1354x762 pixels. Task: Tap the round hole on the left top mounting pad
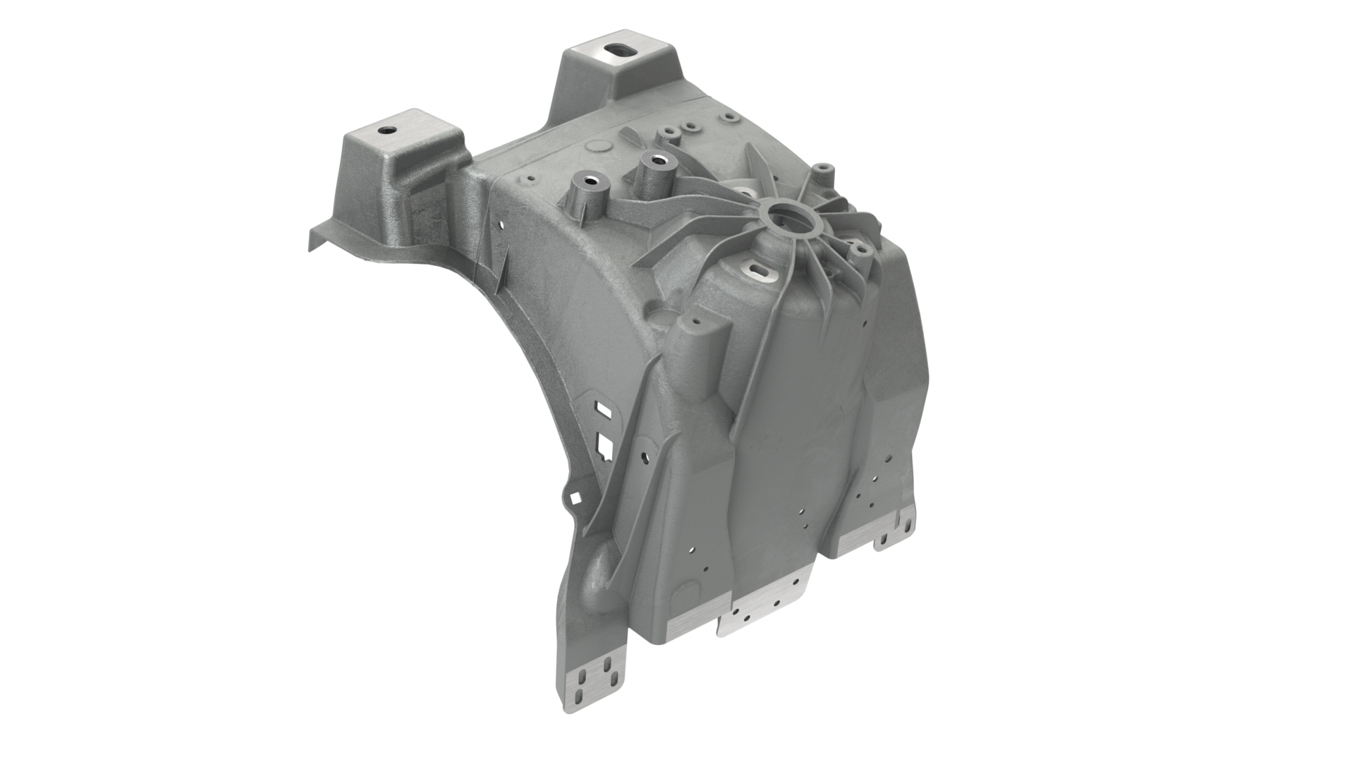pos(386,131)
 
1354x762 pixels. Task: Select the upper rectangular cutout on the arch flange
pos(604,407)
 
